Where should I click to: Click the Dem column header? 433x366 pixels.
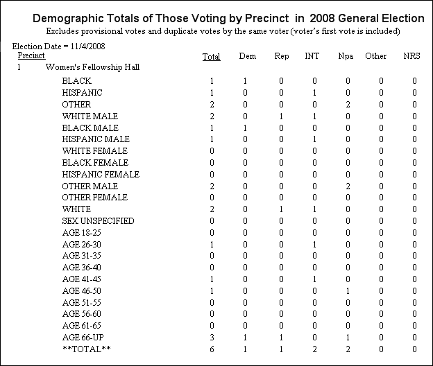click(248, 56)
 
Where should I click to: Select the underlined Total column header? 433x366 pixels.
click(211, 57)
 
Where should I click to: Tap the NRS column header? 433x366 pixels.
click(411, 56)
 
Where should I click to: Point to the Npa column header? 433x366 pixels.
click(346, 56)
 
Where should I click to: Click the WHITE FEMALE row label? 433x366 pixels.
click(94, 151)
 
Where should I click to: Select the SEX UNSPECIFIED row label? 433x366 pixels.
click(98, 221)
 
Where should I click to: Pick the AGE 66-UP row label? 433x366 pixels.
click(83, 338)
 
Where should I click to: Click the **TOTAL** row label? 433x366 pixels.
click(87, 349)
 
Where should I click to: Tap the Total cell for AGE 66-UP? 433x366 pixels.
click(212, 338)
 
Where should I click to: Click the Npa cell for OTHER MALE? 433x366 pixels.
click(348, 186)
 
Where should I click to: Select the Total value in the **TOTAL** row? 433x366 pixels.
click(212, 349)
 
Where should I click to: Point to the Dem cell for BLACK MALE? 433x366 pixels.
click(245, 128)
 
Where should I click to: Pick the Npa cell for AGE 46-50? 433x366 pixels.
click(348, 291)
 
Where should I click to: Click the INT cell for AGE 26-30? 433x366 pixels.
click(314, 245)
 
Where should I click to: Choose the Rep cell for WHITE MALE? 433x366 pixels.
click(281, 116)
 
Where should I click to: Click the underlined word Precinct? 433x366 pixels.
click(31, 55)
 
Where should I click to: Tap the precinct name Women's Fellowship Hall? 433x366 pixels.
click(92, 67)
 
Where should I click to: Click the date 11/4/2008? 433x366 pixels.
click(88, 46)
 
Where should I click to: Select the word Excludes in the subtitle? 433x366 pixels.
click(62, 31)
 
